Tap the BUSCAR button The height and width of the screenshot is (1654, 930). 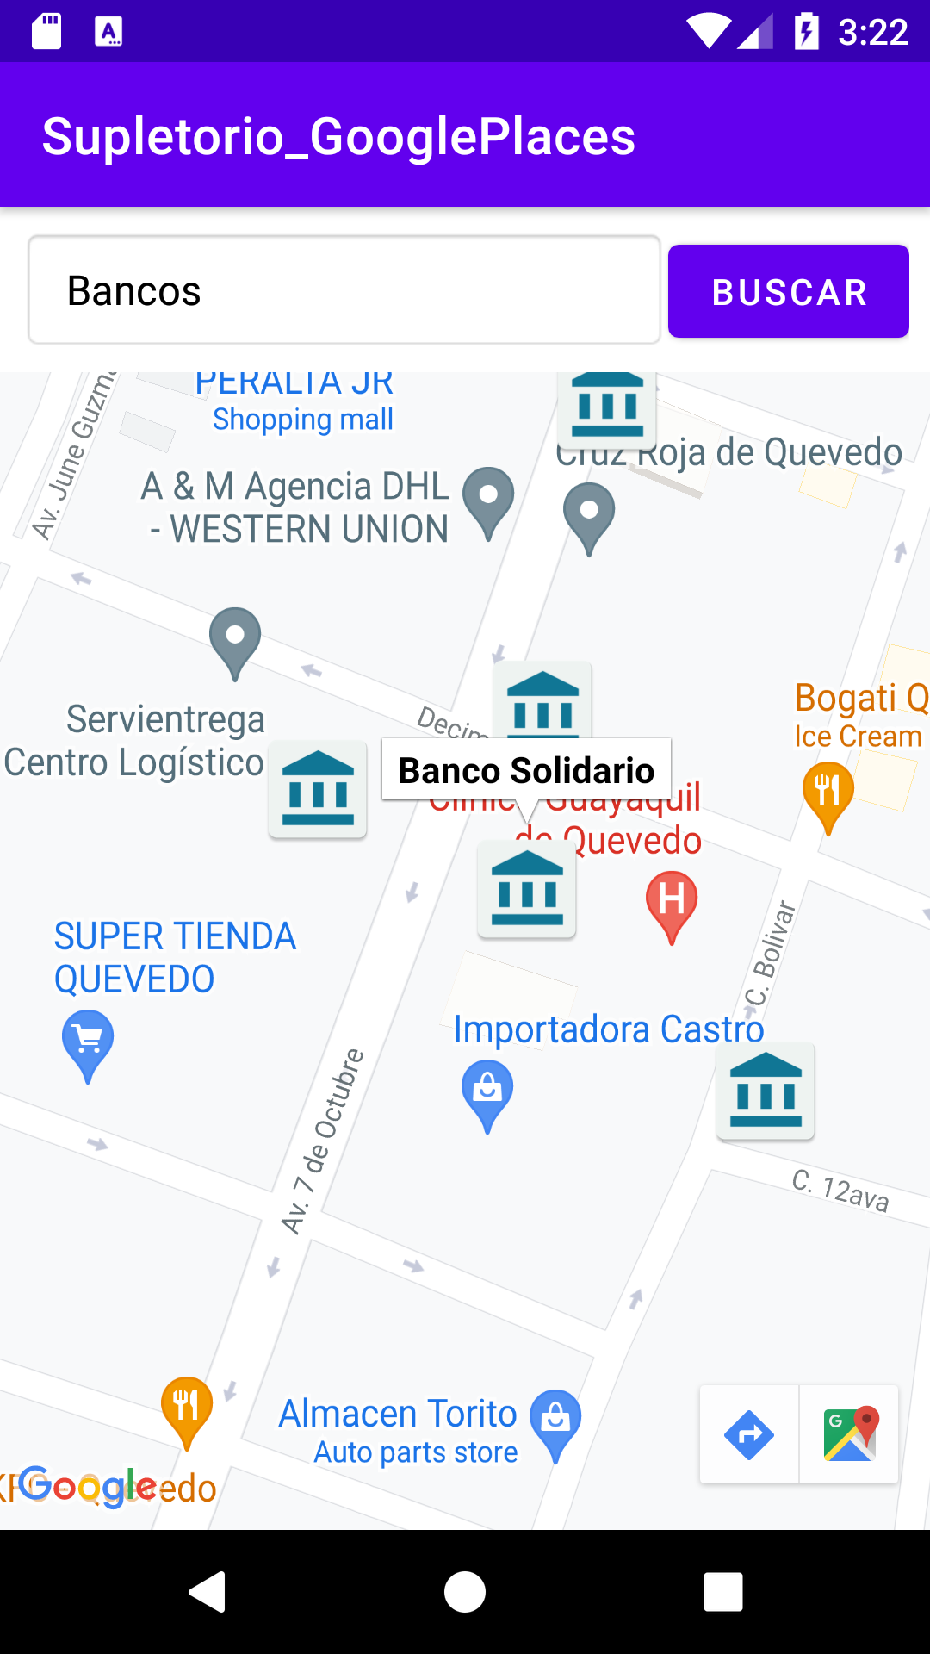tap(788, 291)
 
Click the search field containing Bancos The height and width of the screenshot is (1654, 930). tap(344, 290)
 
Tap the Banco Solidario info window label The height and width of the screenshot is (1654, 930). tap(526, 769)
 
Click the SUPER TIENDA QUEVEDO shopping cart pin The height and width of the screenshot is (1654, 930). tap(88, 1041)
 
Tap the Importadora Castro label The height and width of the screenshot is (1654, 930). tap(609, 1029)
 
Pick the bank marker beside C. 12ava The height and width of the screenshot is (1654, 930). tap(766, 1092)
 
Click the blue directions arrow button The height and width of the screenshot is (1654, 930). tap(749, 1435)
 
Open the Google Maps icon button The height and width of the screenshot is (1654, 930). tap(850, 1435)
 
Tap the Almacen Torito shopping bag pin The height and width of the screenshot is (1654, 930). tap(555, 1420)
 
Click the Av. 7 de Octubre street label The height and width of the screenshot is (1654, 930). tap(324, 1141)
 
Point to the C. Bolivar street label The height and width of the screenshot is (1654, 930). tap(772, 952)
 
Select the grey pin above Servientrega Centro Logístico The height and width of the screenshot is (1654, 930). tap(235, 637)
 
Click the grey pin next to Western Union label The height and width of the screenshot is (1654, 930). tap(488, 497)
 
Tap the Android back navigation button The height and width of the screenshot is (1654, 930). tap(208, 1591)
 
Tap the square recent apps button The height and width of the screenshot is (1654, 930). tap(723, 1591)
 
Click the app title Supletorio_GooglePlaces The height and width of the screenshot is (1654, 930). tap(338, 136)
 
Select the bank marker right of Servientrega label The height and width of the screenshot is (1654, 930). tap(318, 789)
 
